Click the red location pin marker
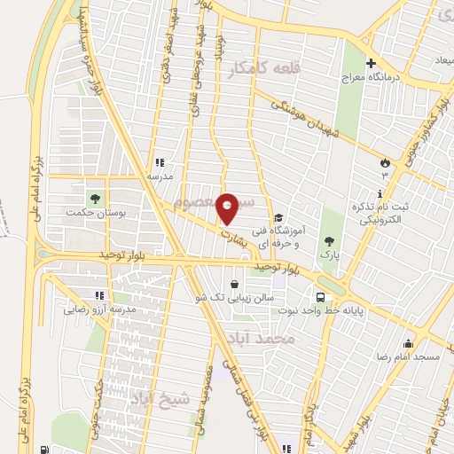pos(228,208)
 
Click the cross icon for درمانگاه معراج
pos(372,63)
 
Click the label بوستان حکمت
pos(97,213)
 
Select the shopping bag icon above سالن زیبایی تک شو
pos(233,286)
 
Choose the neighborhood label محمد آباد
pos(284,339)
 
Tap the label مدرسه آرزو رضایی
pos(98,310)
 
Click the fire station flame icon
pos(385,162)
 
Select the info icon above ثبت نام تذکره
pos(380,193)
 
